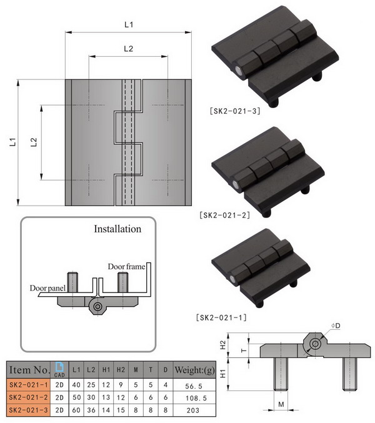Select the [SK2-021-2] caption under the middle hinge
pos(226,215)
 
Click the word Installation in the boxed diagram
pos(117,229)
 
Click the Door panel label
pos(47,288)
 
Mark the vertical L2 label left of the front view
pos(34,142)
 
